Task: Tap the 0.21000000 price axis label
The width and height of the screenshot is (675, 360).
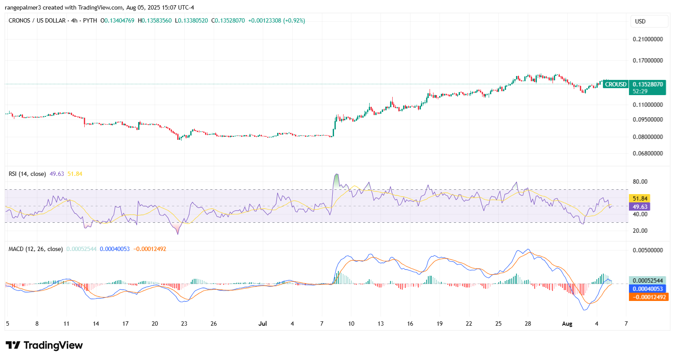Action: tap(648, 39)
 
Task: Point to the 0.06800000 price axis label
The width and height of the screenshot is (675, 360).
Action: tap(648, 153)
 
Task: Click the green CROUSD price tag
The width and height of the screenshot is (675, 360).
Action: tap(615, 84)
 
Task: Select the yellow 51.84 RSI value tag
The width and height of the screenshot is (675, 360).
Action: tap(640, 198)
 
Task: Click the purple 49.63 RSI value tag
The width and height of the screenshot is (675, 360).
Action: tap(640, 207)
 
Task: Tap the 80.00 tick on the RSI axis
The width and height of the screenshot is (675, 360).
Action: tap(640, 182)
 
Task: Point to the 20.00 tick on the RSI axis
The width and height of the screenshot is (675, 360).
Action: tap(640, 231)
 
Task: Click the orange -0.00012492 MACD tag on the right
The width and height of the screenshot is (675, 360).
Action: tap(648, 297)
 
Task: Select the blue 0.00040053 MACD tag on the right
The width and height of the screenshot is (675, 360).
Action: tap(648, 289)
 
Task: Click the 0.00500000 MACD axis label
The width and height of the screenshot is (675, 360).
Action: tap(648, 250)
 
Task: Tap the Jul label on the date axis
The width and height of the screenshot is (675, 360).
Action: tap(262, 324)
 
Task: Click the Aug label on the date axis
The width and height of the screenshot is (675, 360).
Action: tap(567, 324)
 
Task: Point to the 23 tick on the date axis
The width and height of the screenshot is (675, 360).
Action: tap(184, 324)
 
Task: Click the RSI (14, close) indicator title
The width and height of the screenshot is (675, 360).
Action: tap(27, 174)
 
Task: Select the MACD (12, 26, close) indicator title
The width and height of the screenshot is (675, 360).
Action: tap(36, 249)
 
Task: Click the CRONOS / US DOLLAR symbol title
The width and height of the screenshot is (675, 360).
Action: tap(37, 20)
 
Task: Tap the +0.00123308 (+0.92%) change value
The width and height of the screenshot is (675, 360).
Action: tap(276, 20)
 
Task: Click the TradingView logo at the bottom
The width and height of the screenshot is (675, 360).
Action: tap(44, 345)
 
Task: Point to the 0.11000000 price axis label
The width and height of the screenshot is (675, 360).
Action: tap(648, 105)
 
